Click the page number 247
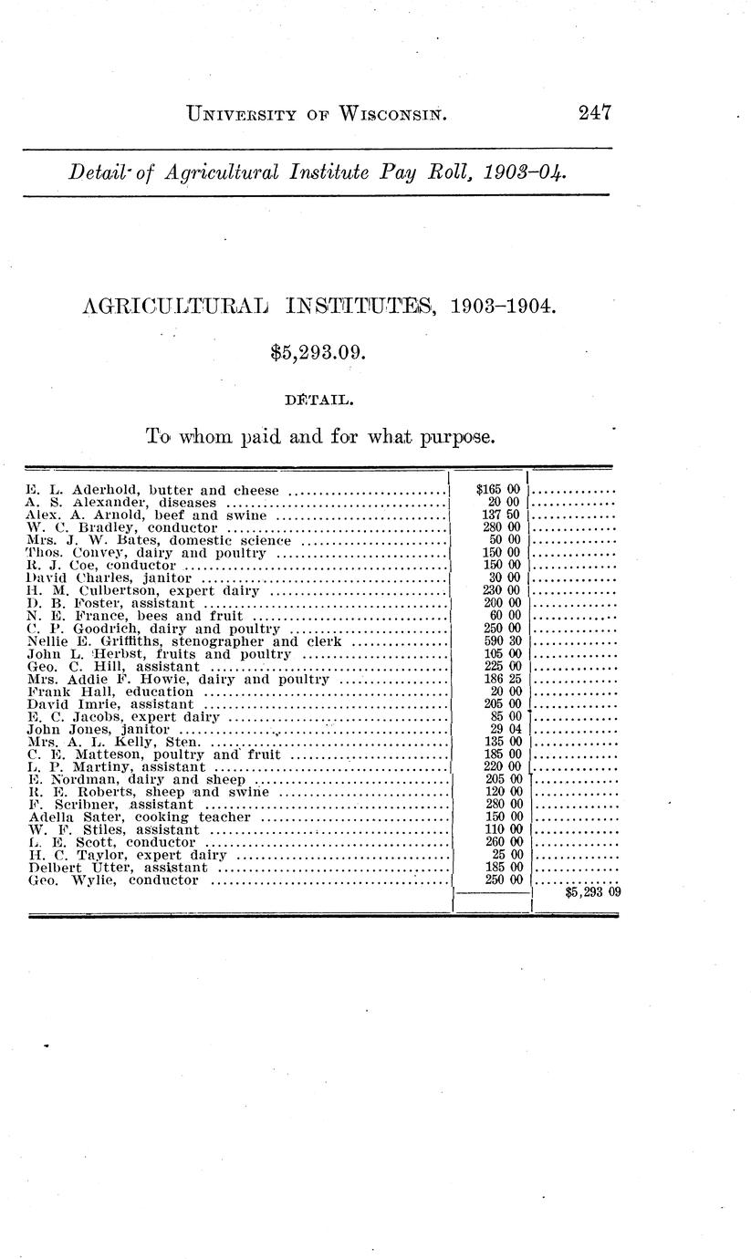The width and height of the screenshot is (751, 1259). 593,113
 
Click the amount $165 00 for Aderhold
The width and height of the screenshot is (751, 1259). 498,490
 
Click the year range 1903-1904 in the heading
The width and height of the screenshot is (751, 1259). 502,307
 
